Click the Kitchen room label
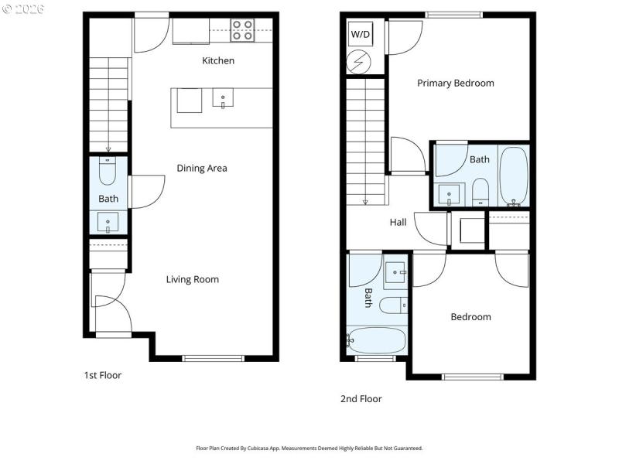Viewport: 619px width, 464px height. coord(218,60)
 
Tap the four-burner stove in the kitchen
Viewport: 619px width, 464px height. coord(242,30)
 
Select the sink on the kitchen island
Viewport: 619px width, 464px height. coord(223,100)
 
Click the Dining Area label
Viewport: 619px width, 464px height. coord(201,168)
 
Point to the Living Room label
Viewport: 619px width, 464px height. coord(193,279)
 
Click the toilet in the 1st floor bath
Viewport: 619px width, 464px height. coord(108,172)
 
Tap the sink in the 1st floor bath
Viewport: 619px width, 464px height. coord(108,222)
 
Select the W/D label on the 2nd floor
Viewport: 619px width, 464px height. coord(361,35)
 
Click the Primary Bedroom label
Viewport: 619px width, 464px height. coord(456,83)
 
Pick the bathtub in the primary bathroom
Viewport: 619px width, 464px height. coord(513,176)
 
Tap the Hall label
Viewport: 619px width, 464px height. coord(398,222)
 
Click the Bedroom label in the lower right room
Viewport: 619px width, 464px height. coord(470,317)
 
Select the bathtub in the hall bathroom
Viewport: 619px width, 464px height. coord(377,340)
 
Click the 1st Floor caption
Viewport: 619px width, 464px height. coord(103,375)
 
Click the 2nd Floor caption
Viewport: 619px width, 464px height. coord(361,399)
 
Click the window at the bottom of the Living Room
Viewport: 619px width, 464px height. coord(213,357)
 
